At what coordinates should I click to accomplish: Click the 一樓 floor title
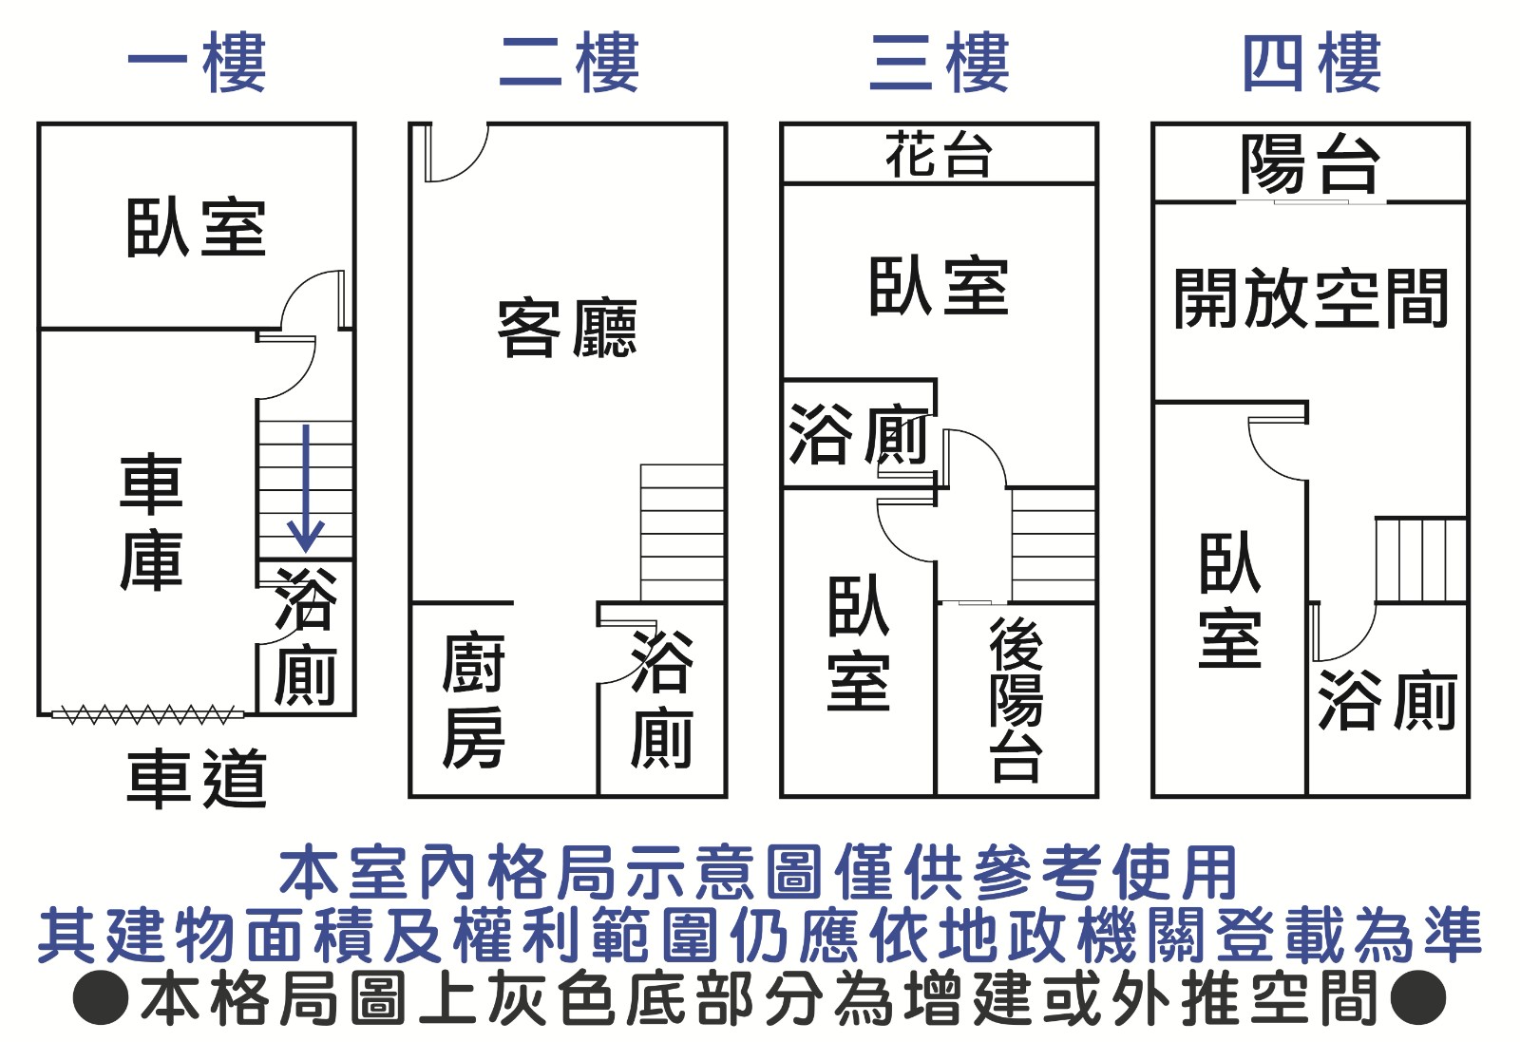click(197, 63)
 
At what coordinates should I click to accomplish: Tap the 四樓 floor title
click(1311, 63)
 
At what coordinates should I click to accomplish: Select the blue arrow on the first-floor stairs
click(305, 488)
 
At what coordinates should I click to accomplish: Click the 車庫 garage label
click(152, 522)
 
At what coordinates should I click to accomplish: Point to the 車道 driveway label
click(197, 778)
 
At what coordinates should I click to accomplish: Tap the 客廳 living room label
click(567, 328)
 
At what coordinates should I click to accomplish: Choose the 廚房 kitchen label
click(473, 701)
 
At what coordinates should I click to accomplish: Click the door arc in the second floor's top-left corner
click(456, 152)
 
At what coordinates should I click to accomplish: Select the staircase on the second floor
click(682, 532)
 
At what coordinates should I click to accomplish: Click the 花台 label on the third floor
click(939, 155)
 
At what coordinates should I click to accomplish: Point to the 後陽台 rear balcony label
click(1016, 699)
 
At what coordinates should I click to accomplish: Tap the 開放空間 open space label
click(1311, 298)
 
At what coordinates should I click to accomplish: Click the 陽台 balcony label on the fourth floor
click(1311, 163)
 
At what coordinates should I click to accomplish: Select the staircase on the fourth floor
click(1421, 559)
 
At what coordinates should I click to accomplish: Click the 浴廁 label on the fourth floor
click(1387, 700)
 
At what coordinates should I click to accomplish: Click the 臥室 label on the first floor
click(196, 228)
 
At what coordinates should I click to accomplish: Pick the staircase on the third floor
click(1053, 544)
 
